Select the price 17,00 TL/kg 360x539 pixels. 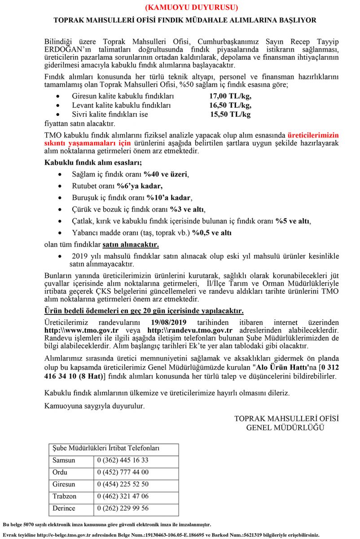(230, 97)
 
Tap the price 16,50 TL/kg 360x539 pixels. (230, 106)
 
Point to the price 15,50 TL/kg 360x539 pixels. (231, 115)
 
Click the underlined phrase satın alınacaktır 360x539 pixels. (131, 245)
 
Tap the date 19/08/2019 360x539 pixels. (168, 323)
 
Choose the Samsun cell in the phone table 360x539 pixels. (64, 460)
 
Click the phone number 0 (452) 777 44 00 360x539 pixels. (123, 473)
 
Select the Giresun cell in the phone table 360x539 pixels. (64, 485)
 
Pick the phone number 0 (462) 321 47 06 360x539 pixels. (123, 497)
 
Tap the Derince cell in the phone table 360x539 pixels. (65, 509)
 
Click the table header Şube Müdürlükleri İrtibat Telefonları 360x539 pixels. (106, 449)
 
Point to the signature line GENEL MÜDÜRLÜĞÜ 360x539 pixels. (285, 428)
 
